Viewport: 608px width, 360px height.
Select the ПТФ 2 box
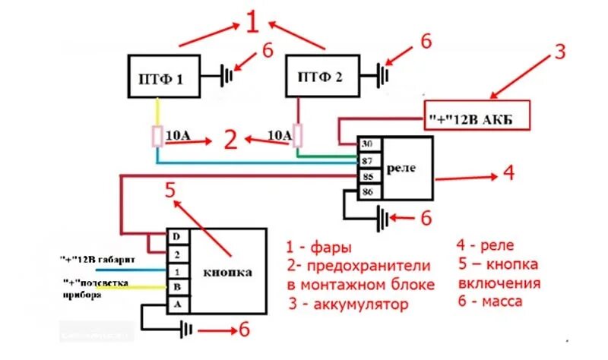[321, 76]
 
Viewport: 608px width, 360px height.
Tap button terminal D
[176, 236]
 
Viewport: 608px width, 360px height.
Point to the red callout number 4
[508, 173]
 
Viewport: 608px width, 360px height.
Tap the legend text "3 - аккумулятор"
[348, 305]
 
